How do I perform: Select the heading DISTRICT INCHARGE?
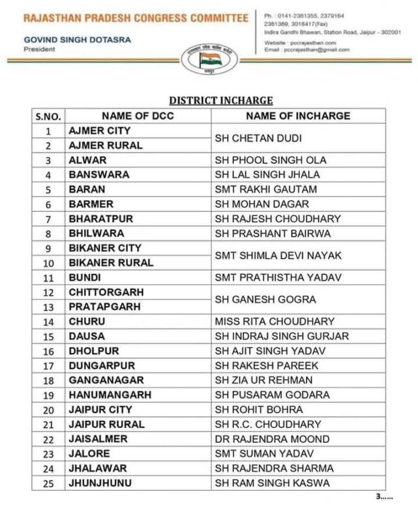220,100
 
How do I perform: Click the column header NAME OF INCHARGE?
297,116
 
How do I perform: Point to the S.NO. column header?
48,117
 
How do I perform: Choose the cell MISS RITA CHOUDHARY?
275,322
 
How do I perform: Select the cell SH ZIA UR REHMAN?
267,380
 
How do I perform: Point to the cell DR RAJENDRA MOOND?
272,439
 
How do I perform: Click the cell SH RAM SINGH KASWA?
272,484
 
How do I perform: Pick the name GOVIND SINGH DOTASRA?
77,39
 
